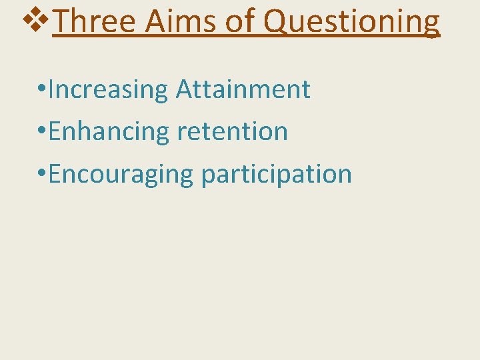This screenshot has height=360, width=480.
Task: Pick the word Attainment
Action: pos(243,89)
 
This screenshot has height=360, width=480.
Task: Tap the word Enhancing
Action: pos(109,132)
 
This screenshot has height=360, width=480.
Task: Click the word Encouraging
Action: pos(120,174)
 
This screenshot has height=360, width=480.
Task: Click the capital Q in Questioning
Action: pos(275,22)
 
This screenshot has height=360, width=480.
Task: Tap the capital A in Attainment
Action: pos(183,89)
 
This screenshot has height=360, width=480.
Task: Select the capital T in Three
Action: pos(60,21)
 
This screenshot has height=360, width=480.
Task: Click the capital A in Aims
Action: pos(154,21)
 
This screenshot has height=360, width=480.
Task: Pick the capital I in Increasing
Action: pos(51,89)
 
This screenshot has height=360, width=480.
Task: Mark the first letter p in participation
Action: pos(208,176)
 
